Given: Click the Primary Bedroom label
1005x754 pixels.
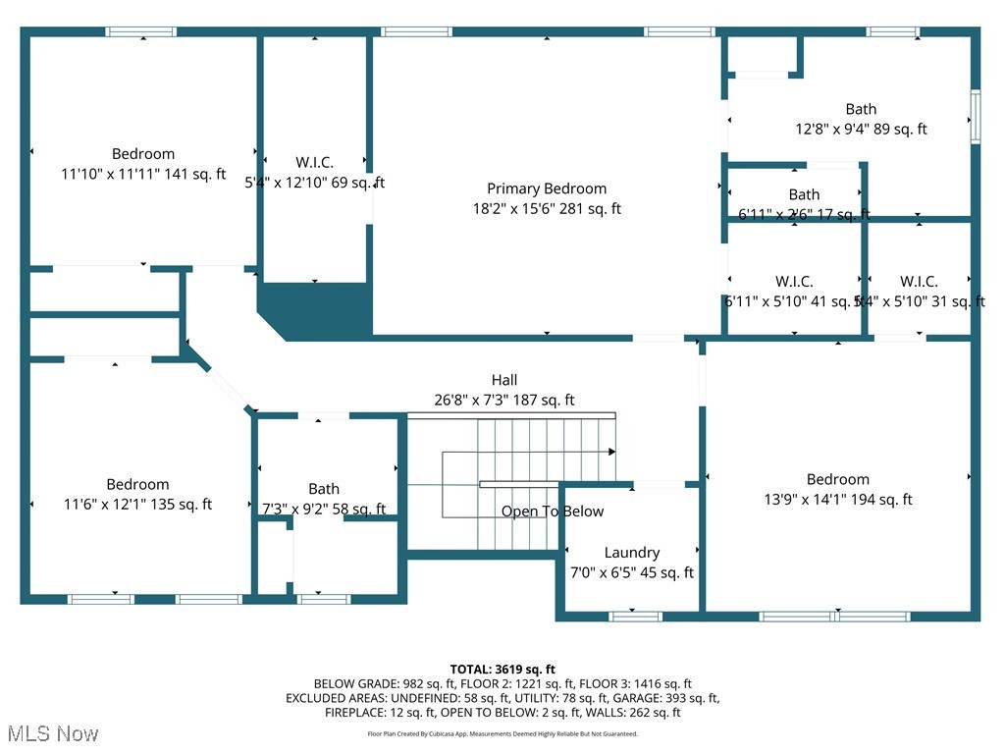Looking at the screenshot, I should tap(547, 188).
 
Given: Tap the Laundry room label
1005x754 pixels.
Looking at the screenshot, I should tap(631, 553).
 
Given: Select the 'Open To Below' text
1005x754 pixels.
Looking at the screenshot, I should tap(553, 512).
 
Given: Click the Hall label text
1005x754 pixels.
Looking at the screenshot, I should tap(504, 380).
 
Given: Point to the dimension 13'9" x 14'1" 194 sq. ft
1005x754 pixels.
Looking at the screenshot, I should tap(837, 500).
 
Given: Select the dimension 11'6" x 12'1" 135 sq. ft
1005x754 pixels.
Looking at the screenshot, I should tap(137, 505).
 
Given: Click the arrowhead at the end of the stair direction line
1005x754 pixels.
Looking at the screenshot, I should tap(611, 452).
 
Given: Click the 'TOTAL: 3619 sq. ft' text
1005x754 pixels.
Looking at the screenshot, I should tap(502, 668).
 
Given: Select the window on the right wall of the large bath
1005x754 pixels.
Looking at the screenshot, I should tap(975, 117).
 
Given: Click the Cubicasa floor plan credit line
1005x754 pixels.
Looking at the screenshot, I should tap(502, 733).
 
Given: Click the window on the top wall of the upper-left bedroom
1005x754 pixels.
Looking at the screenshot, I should tap(141, 32).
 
